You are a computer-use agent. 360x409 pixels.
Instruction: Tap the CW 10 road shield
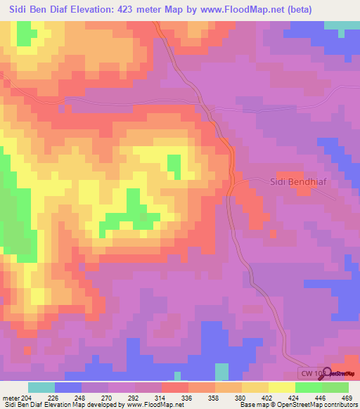click(x=309, y=373)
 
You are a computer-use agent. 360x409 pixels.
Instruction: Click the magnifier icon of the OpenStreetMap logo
click(x=326, y=373)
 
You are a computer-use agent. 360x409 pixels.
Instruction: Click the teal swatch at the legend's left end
click(x=41, y=388)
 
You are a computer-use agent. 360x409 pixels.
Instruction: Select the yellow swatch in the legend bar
click(x=282, y=388)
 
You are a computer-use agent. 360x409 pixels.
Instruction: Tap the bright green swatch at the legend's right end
click(x=335, y=388)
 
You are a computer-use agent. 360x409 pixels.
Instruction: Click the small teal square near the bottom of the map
click(x=221, y=372)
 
